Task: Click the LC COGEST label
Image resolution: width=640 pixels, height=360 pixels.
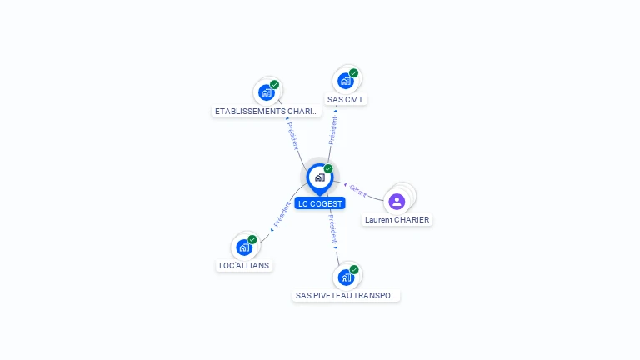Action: click(319, 203)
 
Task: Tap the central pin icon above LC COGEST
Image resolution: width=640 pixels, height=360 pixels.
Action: click(319, 177)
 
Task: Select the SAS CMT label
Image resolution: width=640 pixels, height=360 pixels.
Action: click(346, 100)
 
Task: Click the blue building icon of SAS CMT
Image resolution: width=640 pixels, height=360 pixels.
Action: click(345, 81)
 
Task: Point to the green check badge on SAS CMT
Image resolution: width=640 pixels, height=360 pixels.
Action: click(353, 73)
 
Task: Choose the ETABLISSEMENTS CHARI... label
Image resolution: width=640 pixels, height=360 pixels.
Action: click(266, 111)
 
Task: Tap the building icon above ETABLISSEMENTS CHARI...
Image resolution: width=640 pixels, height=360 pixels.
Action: click(267, 92)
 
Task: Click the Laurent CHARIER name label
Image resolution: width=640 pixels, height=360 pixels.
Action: click(397, 220)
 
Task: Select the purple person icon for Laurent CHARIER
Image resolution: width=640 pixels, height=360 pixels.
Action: click(397, 201)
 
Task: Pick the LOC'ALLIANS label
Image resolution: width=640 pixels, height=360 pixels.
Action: click(244, 265)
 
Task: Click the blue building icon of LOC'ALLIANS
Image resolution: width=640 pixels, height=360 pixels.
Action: click(243, 247)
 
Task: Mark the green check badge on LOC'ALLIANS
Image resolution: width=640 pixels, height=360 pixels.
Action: click(252, 239)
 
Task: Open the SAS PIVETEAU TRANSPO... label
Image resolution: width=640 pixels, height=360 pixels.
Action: click(347, 295)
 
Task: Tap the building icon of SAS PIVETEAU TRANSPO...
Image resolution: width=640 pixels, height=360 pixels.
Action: click(346, 277)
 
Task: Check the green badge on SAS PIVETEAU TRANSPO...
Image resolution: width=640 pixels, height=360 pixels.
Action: click(354, 269)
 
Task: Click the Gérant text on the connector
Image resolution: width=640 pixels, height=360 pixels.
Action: click(358, 191)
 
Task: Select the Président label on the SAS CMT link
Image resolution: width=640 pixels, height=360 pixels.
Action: click(333, 130)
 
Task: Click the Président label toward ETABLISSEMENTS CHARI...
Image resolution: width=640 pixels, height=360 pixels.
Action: click(293, 137)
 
